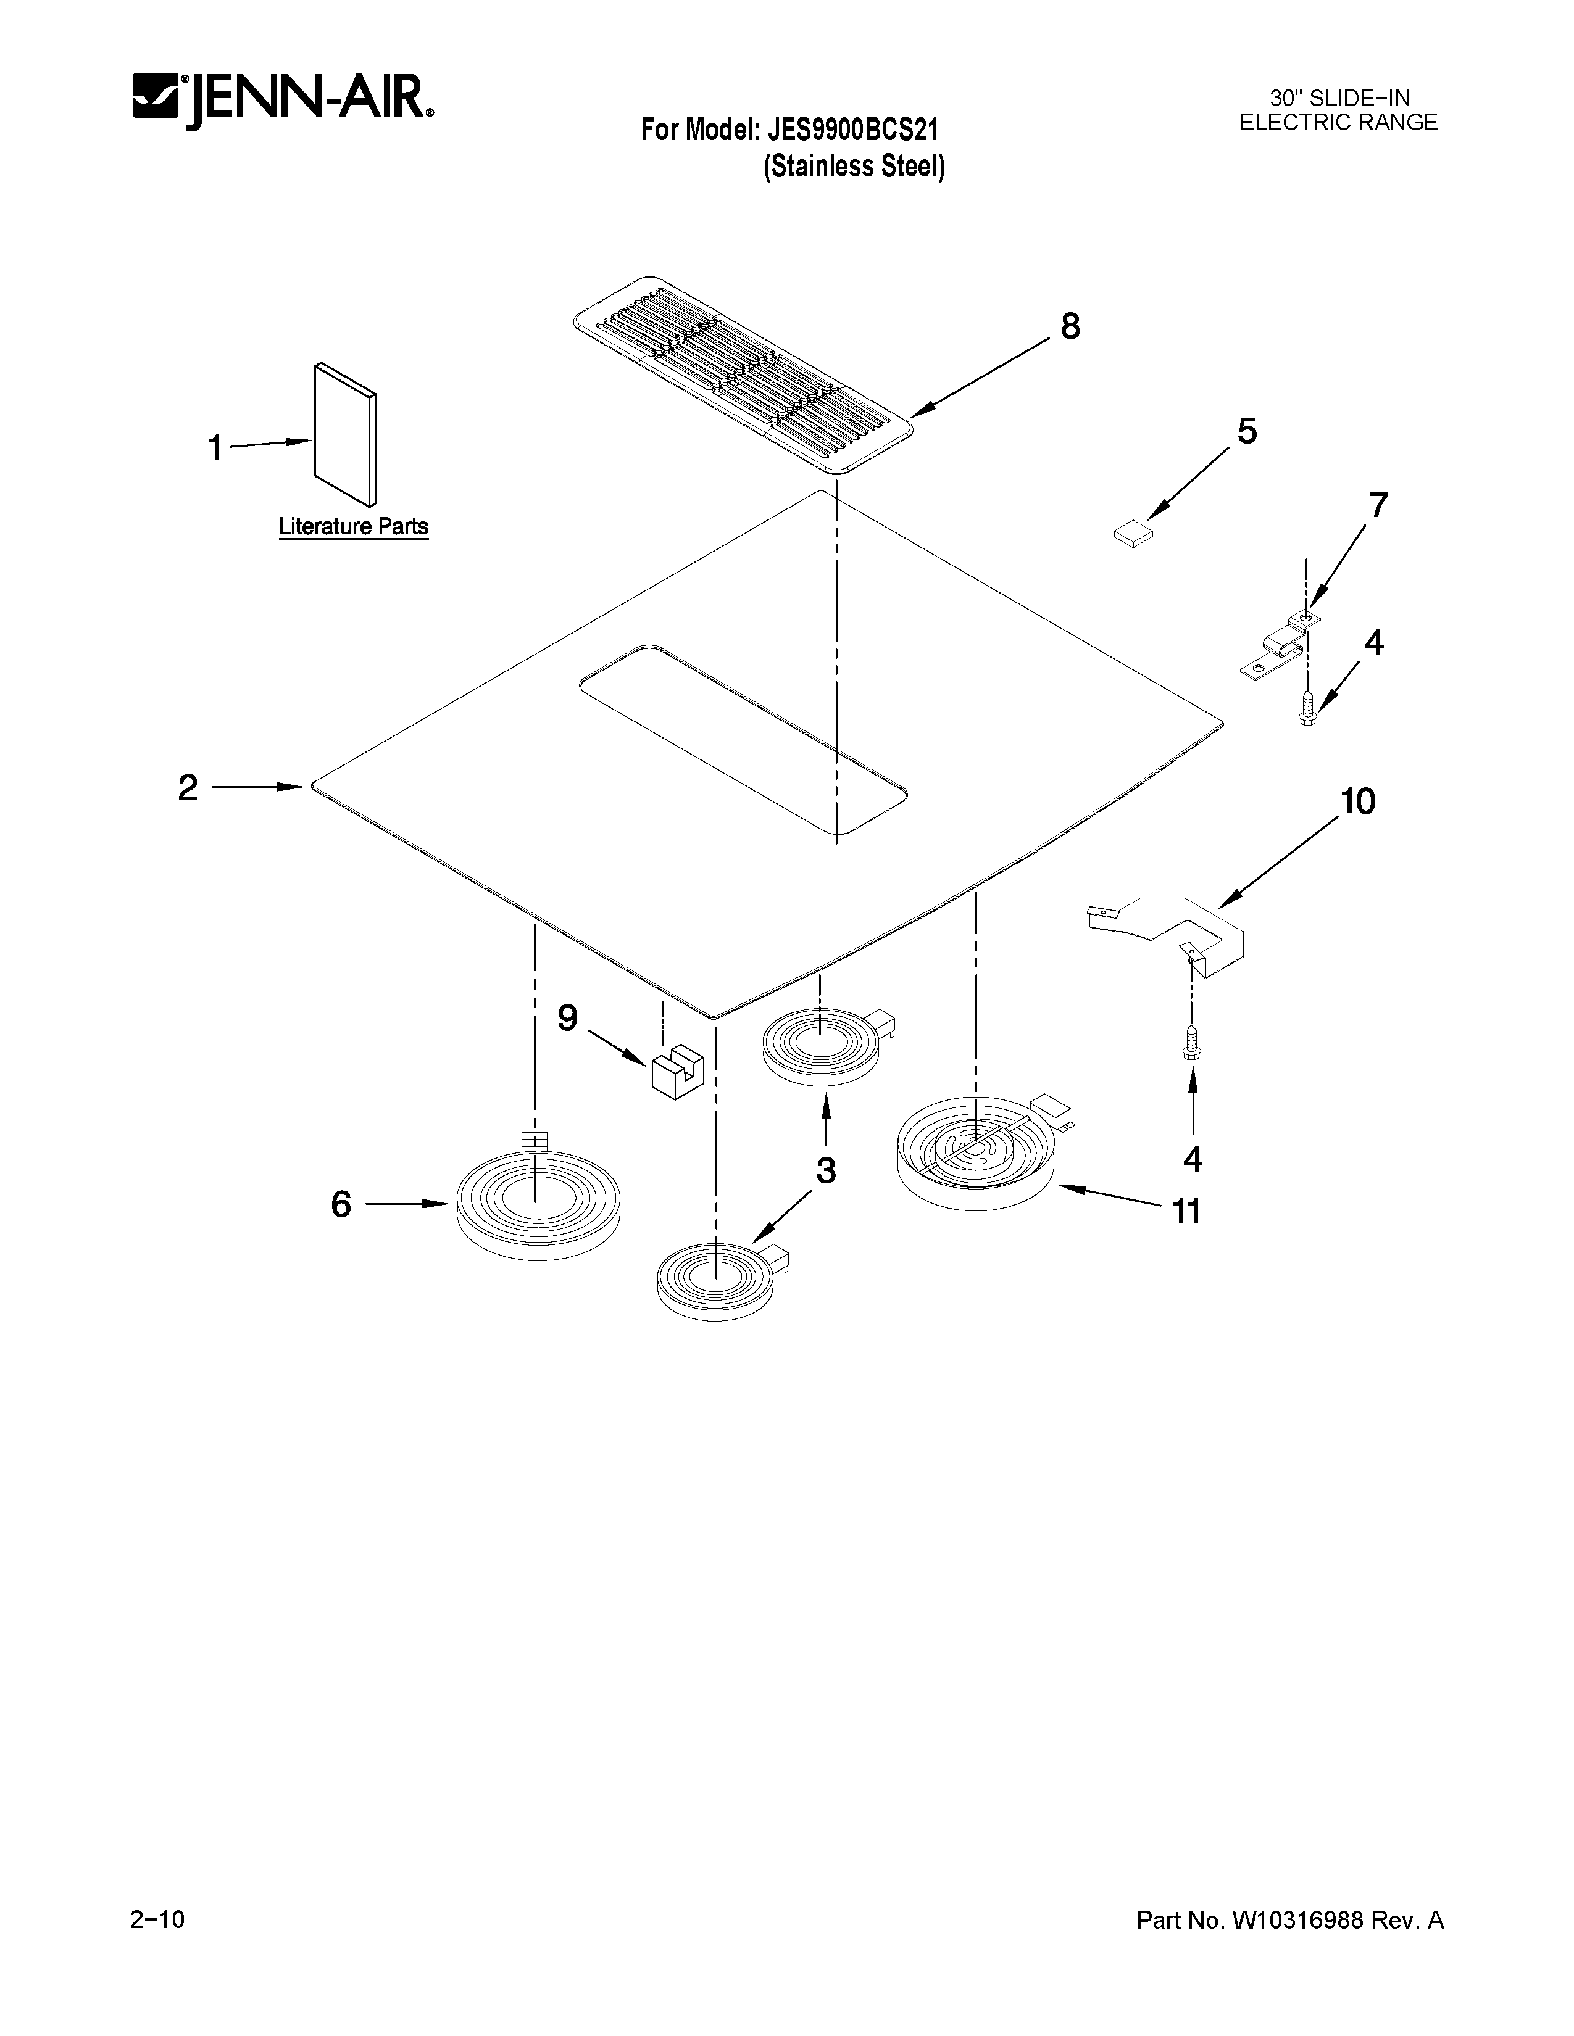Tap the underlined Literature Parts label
click(x=354, y=527)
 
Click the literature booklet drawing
click(x=346, y=432)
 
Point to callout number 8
click(x=1070, y=326)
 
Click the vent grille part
click(x=742, y=374)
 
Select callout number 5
click(x=1247, y=432)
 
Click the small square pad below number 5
click(x=1133, y=534)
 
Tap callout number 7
click(x=1377, y=505)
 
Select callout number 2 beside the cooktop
click(x=188, y=788)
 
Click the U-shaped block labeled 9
click(x=677, y=1073)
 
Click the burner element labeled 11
click(x=976, y=1156)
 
